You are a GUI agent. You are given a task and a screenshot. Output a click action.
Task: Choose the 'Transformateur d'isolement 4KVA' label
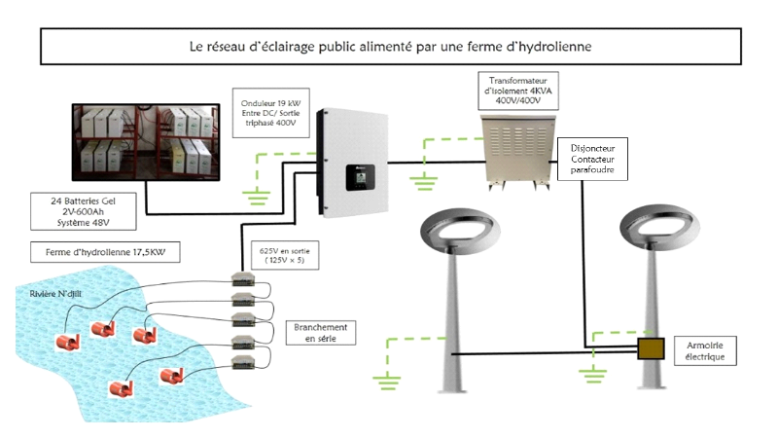(517, 89)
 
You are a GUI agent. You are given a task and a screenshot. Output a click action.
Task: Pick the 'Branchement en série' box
(321, 333)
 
